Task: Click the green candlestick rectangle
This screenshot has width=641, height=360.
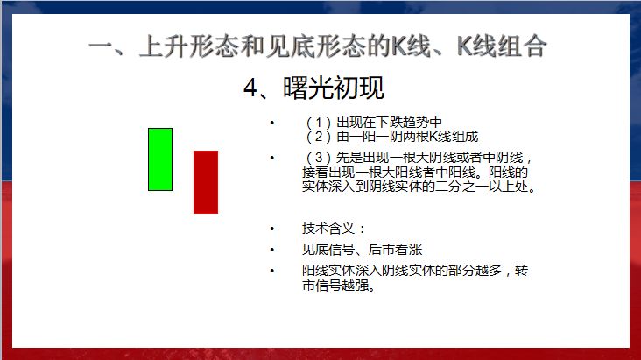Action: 160,159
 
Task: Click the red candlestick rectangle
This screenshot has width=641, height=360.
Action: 206,181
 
